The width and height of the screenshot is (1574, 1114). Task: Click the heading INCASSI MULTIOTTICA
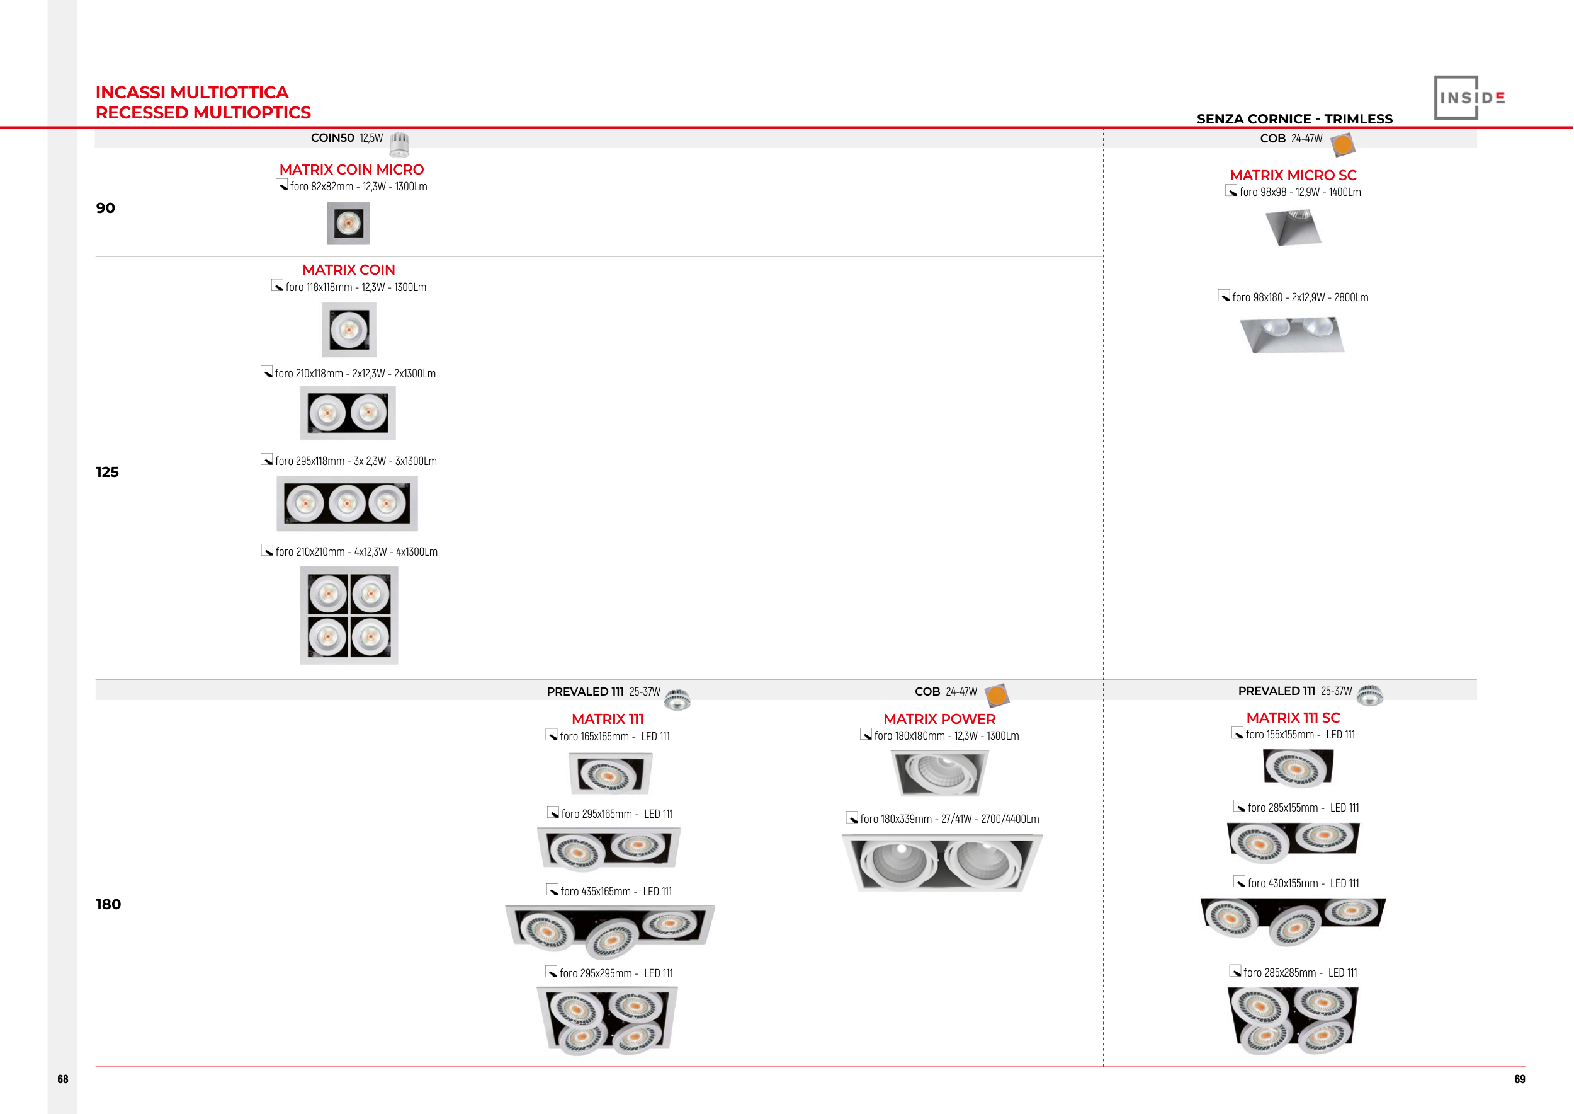[x=192, y=93]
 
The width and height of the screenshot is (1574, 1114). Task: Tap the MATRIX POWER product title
[x=939, y=719]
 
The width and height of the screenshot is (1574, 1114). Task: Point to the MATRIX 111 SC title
[x=1293, y=718]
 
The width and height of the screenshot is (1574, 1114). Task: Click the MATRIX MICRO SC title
[x=1293, y=176]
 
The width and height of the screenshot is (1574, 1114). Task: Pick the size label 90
[x=106, y=208]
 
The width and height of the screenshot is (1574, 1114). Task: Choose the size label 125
[x=108, y=472]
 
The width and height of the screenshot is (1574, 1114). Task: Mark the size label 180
[x=108, y=904]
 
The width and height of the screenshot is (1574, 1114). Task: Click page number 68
[x=63, y=1079]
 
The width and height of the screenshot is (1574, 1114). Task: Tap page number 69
[x=1520, y=1079]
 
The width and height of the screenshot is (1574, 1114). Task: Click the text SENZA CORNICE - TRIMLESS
[x=1294, y=118]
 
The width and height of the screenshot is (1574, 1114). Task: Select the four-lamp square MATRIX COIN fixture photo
[x=349, y=616]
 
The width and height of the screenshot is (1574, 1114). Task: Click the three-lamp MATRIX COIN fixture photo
[x=347, y=503]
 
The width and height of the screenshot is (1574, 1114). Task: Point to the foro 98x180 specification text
[x=1299, y=297]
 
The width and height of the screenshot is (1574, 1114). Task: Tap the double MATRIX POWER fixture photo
[x=942, y=863]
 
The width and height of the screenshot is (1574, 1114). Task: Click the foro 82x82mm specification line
[x=358, y=187]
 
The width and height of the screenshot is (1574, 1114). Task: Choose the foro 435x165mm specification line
[x=616, y=892]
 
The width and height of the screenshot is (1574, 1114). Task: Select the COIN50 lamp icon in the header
[x=400, y=144]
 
